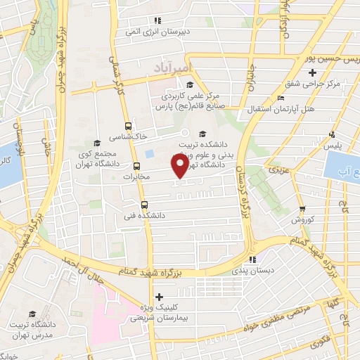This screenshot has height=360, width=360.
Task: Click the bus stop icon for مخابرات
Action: (136, 167)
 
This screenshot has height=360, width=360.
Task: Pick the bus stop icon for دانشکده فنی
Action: (144, 205)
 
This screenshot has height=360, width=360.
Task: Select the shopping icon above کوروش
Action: (302, 209)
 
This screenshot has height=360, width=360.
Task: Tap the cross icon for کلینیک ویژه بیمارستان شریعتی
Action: (160, 297)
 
